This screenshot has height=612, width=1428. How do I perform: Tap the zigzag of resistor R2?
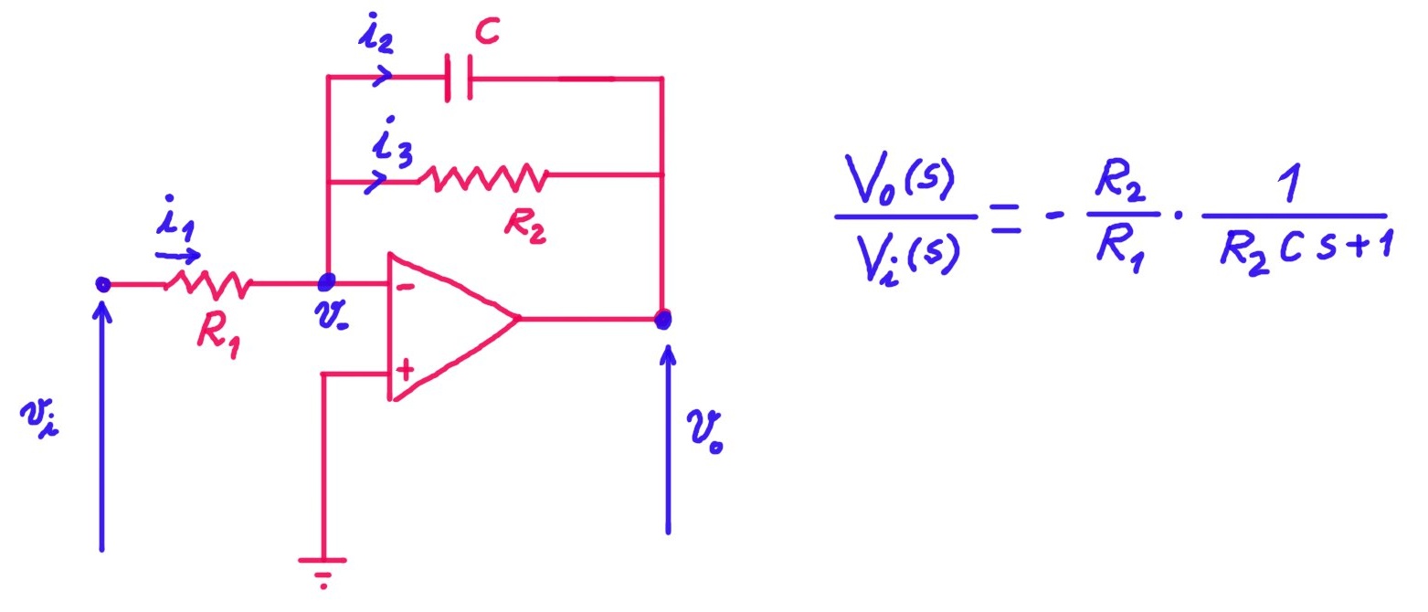tap(481, 177)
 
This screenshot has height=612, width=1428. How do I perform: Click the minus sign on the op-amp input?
tap(404, 287)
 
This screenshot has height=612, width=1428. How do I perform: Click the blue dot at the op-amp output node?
tap(663, 320)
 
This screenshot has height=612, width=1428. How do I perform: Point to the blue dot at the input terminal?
tap(103, 285)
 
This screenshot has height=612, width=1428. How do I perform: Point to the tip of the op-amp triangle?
tap(518, 319)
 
